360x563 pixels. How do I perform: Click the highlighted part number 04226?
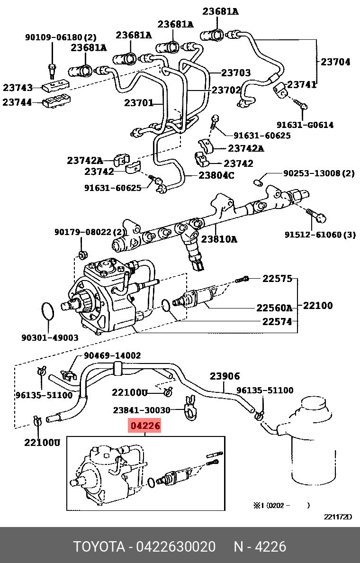145,426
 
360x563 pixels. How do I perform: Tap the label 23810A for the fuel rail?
219,239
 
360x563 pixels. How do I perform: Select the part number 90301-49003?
50,337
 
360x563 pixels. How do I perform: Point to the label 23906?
225,376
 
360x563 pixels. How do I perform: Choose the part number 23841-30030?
142,410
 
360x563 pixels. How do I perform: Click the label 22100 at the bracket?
318,306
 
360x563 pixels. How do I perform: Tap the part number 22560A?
274,308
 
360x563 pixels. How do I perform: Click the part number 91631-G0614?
305,125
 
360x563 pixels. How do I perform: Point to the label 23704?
335,62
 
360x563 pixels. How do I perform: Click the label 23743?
18,88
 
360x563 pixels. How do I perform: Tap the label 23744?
18,102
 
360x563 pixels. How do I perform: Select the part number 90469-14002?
112,355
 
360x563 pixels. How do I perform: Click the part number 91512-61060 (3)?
320,235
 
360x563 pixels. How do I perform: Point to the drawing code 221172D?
338,517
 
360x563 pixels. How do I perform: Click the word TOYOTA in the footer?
99,547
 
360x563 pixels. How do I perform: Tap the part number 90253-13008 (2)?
319,173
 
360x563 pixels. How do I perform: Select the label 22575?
277,279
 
